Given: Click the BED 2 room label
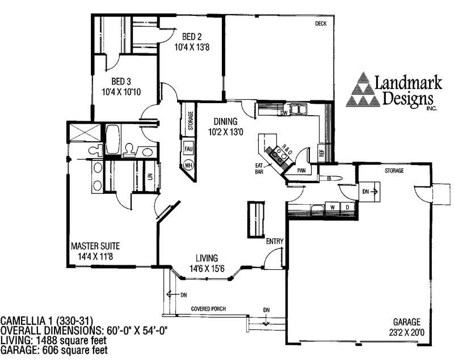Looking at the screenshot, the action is [192, 37].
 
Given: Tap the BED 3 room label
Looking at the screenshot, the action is [121, 81].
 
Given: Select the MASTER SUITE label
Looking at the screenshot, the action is [95, 246].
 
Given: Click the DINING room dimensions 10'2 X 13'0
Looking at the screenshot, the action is [225, 132].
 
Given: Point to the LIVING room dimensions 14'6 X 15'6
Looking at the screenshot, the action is [207, 269].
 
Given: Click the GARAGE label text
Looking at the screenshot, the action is [406, 322].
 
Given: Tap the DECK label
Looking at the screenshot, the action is [321, 24].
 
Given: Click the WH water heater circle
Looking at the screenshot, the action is [188, 166].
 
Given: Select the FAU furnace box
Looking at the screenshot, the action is [188, 149].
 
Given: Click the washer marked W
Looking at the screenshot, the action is [333, 207].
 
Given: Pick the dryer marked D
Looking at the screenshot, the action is [347, 207].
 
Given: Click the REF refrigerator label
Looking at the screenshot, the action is [321, 153].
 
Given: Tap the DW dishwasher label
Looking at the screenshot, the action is [284, 113].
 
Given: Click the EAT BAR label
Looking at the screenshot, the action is [259, 168].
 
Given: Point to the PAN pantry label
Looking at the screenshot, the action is [301, 171].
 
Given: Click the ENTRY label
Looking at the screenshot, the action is [275, 241].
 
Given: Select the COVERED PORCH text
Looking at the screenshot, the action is [208, 309].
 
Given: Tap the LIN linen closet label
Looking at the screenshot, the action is [150, 176].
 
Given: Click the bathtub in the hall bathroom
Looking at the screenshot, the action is [112, 139].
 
